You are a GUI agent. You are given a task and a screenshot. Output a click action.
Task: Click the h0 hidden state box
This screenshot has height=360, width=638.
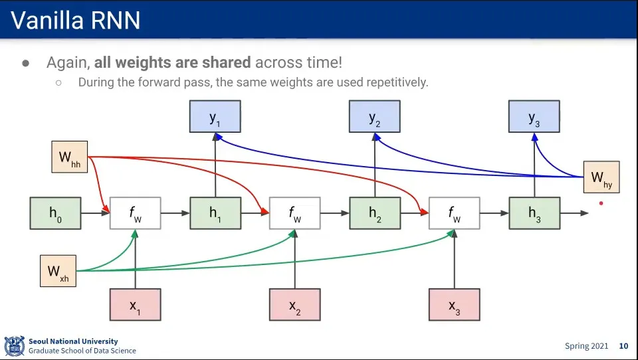[55, 213]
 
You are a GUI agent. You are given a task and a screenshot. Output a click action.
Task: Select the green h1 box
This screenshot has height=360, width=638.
[215, 213]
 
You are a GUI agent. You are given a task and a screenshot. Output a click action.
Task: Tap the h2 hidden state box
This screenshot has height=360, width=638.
[375, 213]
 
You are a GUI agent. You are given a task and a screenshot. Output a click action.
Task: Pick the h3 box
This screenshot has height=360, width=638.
[534, 213]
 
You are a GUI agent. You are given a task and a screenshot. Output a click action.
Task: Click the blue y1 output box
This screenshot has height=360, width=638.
[215, 117]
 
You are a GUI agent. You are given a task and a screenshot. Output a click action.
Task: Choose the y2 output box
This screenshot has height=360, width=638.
[375, 117]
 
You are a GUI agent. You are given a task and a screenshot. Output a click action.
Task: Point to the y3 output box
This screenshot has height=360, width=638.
[534, 117]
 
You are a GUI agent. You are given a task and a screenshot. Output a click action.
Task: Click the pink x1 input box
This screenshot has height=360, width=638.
[135, 305]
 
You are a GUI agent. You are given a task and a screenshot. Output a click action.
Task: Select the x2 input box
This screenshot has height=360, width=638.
[294, 305]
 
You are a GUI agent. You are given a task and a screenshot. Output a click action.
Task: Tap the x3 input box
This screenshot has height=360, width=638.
[455, 305]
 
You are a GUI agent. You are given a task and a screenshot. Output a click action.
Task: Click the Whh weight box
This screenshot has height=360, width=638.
[70, 157]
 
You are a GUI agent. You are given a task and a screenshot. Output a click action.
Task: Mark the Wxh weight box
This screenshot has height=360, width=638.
[58, 270]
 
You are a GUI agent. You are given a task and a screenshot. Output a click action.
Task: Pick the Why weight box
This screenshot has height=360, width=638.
[601, 177]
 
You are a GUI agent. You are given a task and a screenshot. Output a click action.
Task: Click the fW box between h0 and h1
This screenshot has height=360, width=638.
[135, 213]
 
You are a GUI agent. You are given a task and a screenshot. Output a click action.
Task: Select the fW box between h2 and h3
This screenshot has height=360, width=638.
[455, 213]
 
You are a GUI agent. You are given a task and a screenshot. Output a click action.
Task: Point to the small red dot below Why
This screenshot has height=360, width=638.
[601, 203]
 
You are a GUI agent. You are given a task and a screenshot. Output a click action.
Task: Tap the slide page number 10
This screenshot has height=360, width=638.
[623, 346]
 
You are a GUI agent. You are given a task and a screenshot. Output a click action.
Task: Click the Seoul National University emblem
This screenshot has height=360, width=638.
[14, 346]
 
